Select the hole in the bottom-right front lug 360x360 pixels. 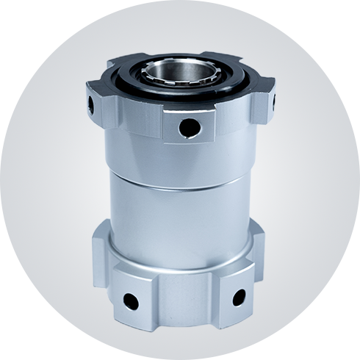pos(238,296)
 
